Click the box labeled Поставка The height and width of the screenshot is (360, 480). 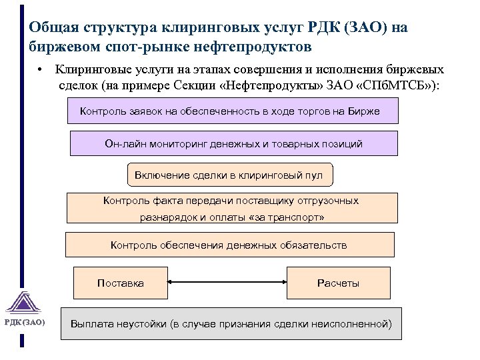(x=120, y=283)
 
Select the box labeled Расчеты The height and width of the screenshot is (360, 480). (x=338, y=283)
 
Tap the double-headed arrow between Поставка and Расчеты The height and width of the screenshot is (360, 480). (x=227, y=283)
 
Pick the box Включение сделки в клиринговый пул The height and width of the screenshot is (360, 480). (x=229, y=175)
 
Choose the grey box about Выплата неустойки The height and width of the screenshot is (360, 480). (x=231, y=324)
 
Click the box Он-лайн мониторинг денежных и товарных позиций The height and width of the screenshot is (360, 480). (x=233, y=143)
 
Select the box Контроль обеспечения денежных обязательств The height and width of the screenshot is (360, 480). (x=229, y=245)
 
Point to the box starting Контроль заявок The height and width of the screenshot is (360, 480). (x=233, y=111)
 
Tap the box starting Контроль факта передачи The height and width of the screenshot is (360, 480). (x=231, y=208)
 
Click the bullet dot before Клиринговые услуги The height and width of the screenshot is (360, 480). (x=41, y=69)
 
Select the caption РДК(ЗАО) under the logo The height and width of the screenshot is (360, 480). (x=25, y=323)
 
